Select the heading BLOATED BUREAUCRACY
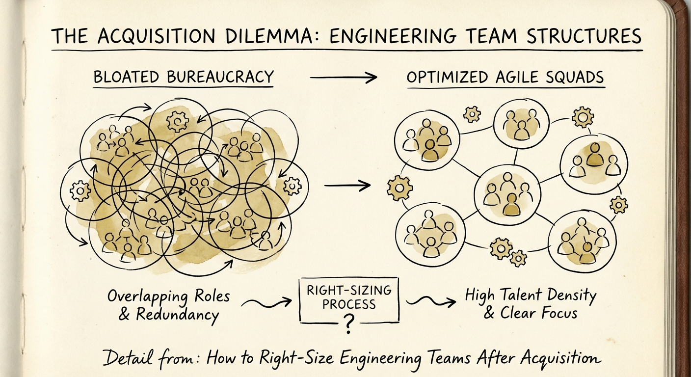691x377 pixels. (x=183, y=77)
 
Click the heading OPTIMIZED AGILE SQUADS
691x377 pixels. (x=505, y=78)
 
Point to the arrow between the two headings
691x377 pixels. (x=344, y=77)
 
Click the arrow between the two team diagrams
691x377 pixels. (x=347, y=186)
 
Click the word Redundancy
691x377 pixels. (x=177, y=315)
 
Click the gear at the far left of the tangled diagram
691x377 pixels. (x=80, y=190)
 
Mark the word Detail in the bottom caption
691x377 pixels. (x=126, y=357)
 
